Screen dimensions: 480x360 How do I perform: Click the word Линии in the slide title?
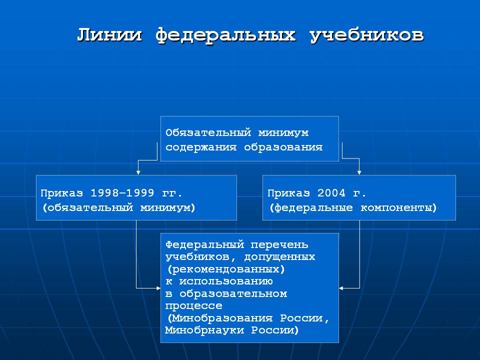click(109, 34)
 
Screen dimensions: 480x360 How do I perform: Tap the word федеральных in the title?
click(225, 35)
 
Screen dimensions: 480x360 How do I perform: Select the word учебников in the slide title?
click(367, 35)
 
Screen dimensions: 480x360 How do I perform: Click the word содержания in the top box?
click(201, 147)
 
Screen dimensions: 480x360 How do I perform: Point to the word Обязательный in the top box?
click(208, 133)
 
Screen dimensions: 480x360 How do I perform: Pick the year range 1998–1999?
click(122, 193)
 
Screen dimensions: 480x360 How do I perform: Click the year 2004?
click(331, 193)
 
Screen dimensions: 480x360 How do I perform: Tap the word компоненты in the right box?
click(398, 208)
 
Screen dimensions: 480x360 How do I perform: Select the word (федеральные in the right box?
click(311, 208)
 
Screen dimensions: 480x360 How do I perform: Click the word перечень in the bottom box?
click(279, 245)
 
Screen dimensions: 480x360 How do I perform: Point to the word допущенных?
click(279, 257)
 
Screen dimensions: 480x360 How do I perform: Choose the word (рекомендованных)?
click(226, 269)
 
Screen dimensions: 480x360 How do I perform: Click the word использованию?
click(226, 281)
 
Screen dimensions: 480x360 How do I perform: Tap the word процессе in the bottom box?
click(194, 306)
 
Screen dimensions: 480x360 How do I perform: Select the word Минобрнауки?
click(204, 330)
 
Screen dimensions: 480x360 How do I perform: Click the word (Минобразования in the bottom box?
click(220, 318)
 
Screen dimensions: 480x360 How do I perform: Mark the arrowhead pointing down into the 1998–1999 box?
click(138, 172)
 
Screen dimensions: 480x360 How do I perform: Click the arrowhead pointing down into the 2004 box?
click(359, 172)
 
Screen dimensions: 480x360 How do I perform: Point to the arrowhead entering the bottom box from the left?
click(158, 288)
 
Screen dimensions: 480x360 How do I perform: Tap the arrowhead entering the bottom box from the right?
click(341, 288)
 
